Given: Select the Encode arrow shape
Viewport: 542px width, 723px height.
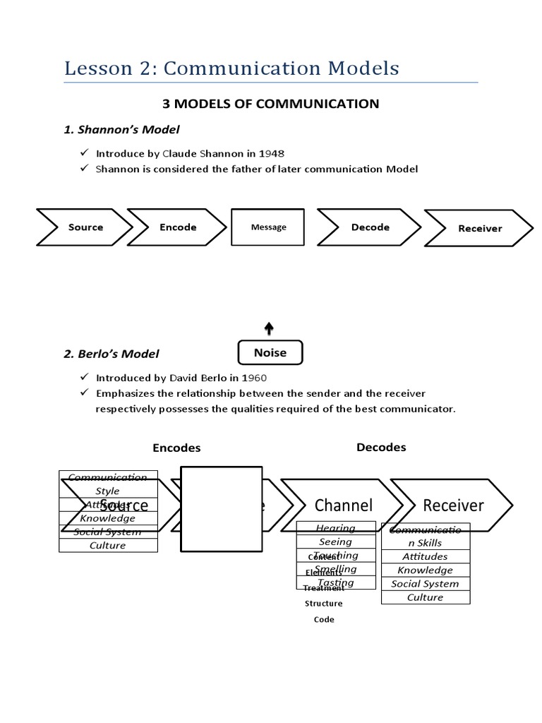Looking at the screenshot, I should pyautogui.click(x=176, y=227).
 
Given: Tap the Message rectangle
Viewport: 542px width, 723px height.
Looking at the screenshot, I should pyautogui.click(x=269, y=227).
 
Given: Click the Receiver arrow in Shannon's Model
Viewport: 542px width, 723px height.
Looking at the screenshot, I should pyautogui.click(x=478, y=228).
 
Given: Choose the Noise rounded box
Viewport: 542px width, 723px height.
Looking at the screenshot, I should pyautogui.click(x=270, y=353).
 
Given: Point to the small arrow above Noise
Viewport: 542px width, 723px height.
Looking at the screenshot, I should pyautogui.click(x=269, y=328).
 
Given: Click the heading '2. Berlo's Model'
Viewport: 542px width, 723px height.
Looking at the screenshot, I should pyautogui.click(x=112, y=354).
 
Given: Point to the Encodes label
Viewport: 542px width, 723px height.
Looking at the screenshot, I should pyautogui.click(x=176, y=448).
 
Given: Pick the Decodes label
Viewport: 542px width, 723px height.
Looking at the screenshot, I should pyautogui.click(x=381, y=447).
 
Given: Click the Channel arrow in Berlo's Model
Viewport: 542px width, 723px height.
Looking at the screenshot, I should pyautogui.click(x=343, y=505).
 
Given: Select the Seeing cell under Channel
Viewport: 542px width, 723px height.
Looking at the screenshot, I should pyautogui.click(x=335, y=542).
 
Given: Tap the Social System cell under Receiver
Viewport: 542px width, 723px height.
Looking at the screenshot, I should pyautogui.click(x=425, y=583).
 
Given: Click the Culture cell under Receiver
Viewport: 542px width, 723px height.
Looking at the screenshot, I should pyautogui.click(x=425, y=597).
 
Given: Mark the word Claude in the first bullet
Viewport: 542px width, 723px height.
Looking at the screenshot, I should pyautogui.click(x=181, y=153).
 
